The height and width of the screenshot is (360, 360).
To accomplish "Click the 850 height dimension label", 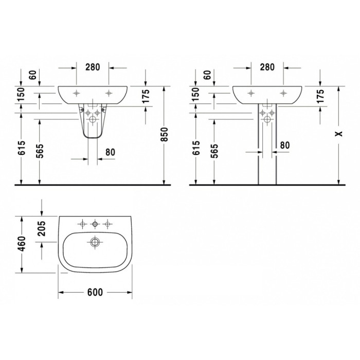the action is click(x=166, y=134).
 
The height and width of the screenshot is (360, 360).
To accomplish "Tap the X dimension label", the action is click(x=339, y=134).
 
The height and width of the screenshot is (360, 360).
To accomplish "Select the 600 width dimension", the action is click(x=95, y=292).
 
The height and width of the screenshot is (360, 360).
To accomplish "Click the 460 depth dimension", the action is click(x=22, y=244).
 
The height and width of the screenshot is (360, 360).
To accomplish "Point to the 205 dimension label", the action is click(x=41, y=229).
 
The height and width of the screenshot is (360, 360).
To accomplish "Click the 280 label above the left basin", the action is click(x=93, y=67).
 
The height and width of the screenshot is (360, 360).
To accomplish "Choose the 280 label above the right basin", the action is click(x=267, y=67).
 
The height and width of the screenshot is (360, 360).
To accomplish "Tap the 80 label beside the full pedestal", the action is click(x=285, y=145).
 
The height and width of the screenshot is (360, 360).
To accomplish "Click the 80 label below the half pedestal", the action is click(x=110, y=152).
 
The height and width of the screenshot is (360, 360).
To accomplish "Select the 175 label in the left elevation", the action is click(x=146, y=96).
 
